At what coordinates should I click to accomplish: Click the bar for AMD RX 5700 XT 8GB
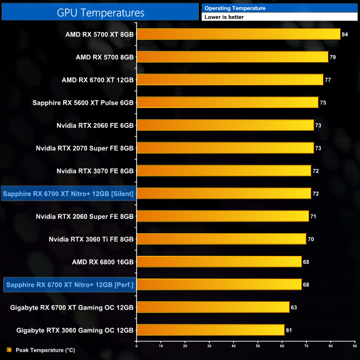[x=238, y=34]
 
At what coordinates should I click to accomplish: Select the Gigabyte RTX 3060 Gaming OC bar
[x=210, y=330]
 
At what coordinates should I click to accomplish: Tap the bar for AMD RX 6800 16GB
[x=219, y=261]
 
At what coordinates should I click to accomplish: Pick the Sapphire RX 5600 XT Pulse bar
[x=227, y=102]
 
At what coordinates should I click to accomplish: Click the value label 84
[x=344, y=34]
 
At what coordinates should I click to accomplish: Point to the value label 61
[x=289, y=330]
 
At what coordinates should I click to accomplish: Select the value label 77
[x=328, y=80]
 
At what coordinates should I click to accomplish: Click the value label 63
[x=294, y=307]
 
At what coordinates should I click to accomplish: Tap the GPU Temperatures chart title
[x=100, y=12]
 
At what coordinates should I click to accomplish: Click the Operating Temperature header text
[x=235, y=8]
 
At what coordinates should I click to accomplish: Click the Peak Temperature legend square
[x=9, y=350]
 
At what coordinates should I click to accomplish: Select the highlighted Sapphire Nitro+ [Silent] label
[x=69, y=193]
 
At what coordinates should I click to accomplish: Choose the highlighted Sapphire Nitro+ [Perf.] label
[x=70, y=285]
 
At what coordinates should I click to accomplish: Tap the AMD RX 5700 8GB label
[x=105, y=57]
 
